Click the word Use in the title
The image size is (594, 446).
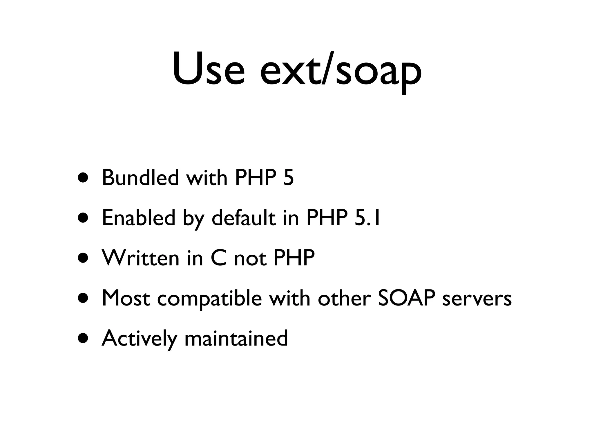coord(209,69)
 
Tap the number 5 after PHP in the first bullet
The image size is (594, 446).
coord(288,178)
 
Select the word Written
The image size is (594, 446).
coord(141,258)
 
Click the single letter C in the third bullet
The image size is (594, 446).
coord(218,258)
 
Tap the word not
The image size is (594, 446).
coord(250,258)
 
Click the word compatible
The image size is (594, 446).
coord(209,298)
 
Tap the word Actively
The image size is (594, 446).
coord(139,339)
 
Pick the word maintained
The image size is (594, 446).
coord(236,338)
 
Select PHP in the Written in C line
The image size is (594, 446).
coord(294,258)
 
